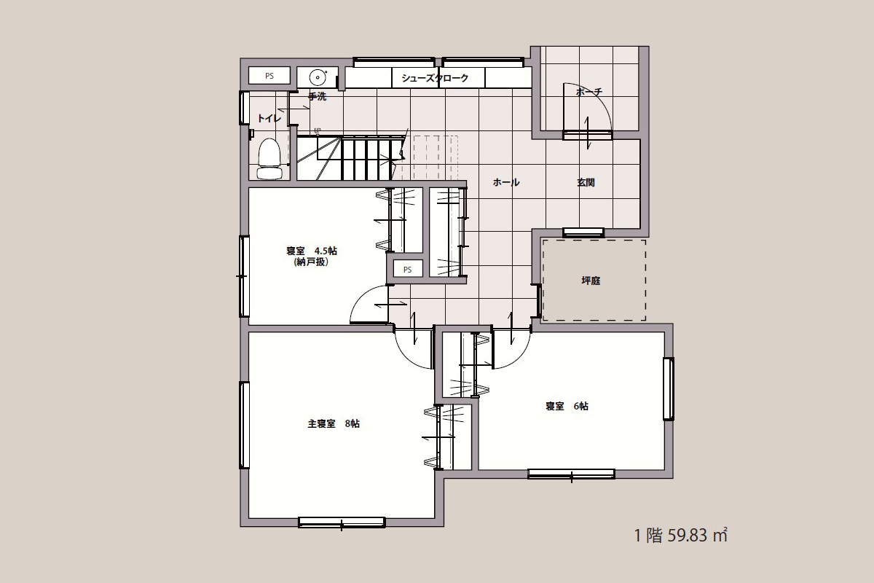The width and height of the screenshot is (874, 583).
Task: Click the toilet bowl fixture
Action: (x=269, y=159)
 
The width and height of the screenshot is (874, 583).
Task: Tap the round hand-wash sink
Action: (x=318, y=77)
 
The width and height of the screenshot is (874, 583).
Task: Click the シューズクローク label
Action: (x=435, y=78)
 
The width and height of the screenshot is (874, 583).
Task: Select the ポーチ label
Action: (x=589, y=92)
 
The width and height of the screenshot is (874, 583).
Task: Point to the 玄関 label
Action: (x=586, y=182)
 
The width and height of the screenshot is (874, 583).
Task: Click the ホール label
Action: (x=506, y=182)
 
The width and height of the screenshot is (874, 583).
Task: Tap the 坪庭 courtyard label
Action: (x=591, y=281)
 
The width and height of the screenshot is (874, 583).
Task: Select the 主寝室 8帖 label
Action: (x=334, y=423)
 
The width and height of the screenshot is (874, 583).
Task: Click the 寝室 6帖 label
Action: (x=567, y=406)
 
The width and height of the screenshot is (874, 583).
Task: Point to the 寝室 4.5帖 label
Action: (x=312, y=251)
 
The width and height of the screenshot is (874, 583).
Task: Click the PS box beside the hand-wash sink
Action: (x=269, y=76)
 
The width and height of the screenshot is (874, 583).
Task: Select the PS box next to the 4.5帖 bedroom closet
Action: (x=407, y=270)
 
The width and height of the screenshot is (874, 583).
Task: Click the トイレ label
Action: (x=269, y=118)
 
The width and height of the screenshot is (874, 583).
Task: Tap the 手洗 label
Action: (x=318, y=96)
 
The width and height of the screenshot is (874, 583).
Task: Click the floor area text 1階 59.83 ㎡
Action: (x=681, y=535)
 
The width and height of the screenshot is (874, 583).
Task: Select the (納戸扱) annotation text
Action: (x=312, y=262)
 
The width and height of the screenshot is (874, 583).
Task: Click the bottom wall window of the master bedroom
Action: (x=342, y=523)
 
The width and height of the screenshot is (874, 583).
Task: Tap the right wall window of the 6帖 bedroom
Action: (x=669, y=389)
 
